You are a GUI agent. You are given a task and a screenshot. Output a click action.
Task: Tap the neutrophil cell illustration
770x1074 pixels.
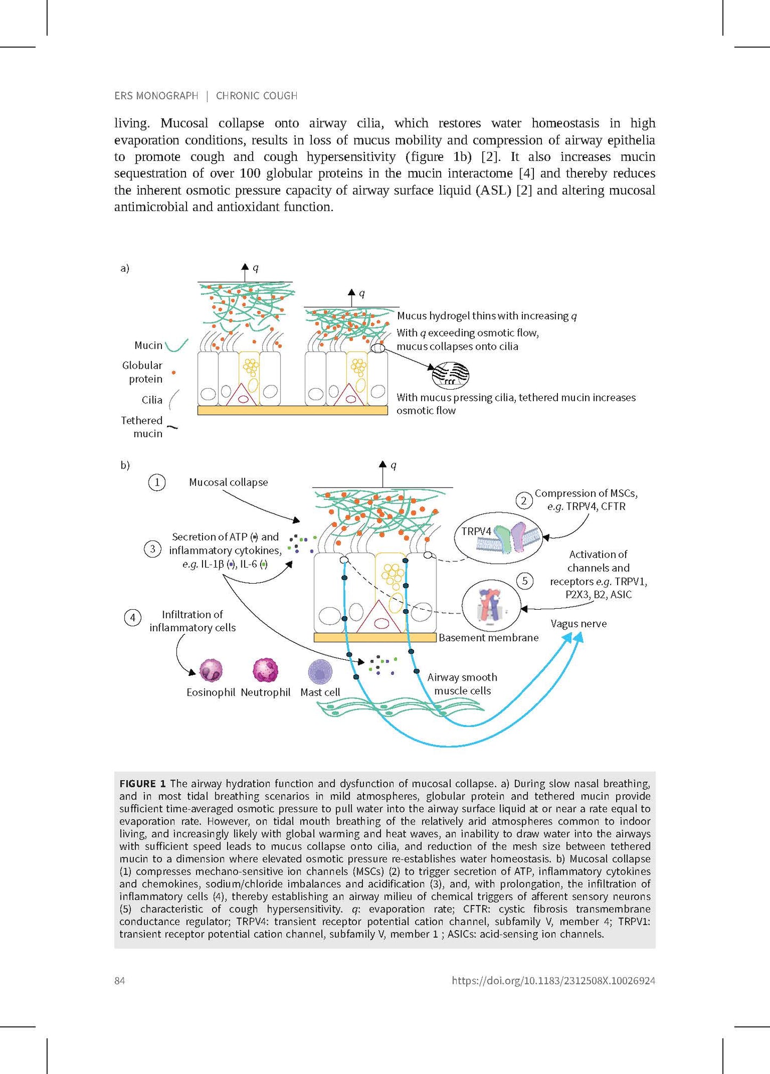coord(265,670)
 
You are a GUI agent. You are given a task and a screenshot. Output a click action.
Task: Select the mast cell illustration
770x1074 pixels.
coord(320,671)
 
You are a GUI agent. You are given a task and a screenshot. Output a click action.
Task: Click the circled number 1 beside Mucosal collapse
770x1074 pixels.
coord(157,482)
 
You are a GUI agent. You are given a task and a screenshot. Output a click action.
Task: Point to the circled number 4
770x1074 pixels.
coord(133,617)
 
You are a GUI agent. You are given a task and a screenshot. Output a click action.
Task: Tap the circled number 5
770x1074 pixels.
coord(525,580)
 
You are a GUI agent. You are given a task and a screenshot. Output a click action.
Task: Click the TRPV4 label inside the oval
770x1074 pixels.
coord(476,531)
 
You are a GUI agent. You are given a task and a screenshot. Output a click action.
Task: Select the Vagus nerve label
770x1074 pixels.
coord(578,624)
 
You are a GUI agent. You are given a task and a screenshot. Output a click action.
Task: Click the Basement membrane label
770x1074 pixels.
coord(488,637)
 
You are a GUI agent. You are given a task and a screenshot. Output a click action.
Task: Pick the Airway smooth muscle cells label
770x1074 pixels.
coord(462,684)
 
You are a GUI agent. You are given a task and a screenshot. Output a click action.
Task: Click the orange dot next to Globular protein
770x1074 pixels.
coord(174,373)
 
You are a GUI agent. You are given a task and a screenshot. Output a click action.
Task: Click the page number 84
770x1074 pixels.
coord(119,981)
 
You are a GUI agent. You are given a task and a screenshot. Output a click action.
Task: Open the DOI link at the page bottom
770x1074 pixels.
coord(553,981)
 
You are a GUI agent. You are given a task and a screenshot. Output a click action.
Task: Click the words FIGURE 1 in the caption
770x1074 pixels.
coord(142,784)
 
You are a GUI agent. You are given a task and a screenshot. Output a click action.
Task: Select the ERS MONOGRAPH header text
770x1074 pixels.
coord(156,96)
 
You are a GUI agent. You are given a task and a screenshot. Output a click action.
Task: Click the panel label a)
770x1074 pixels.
coord(125,268)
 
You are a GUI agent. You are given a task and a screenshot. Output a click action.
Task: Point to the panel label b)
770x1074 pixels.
coord(125,465)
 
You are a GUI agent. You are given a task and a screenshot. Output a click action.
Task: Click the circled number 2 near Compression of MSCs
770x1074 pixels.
coord(524,500)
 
